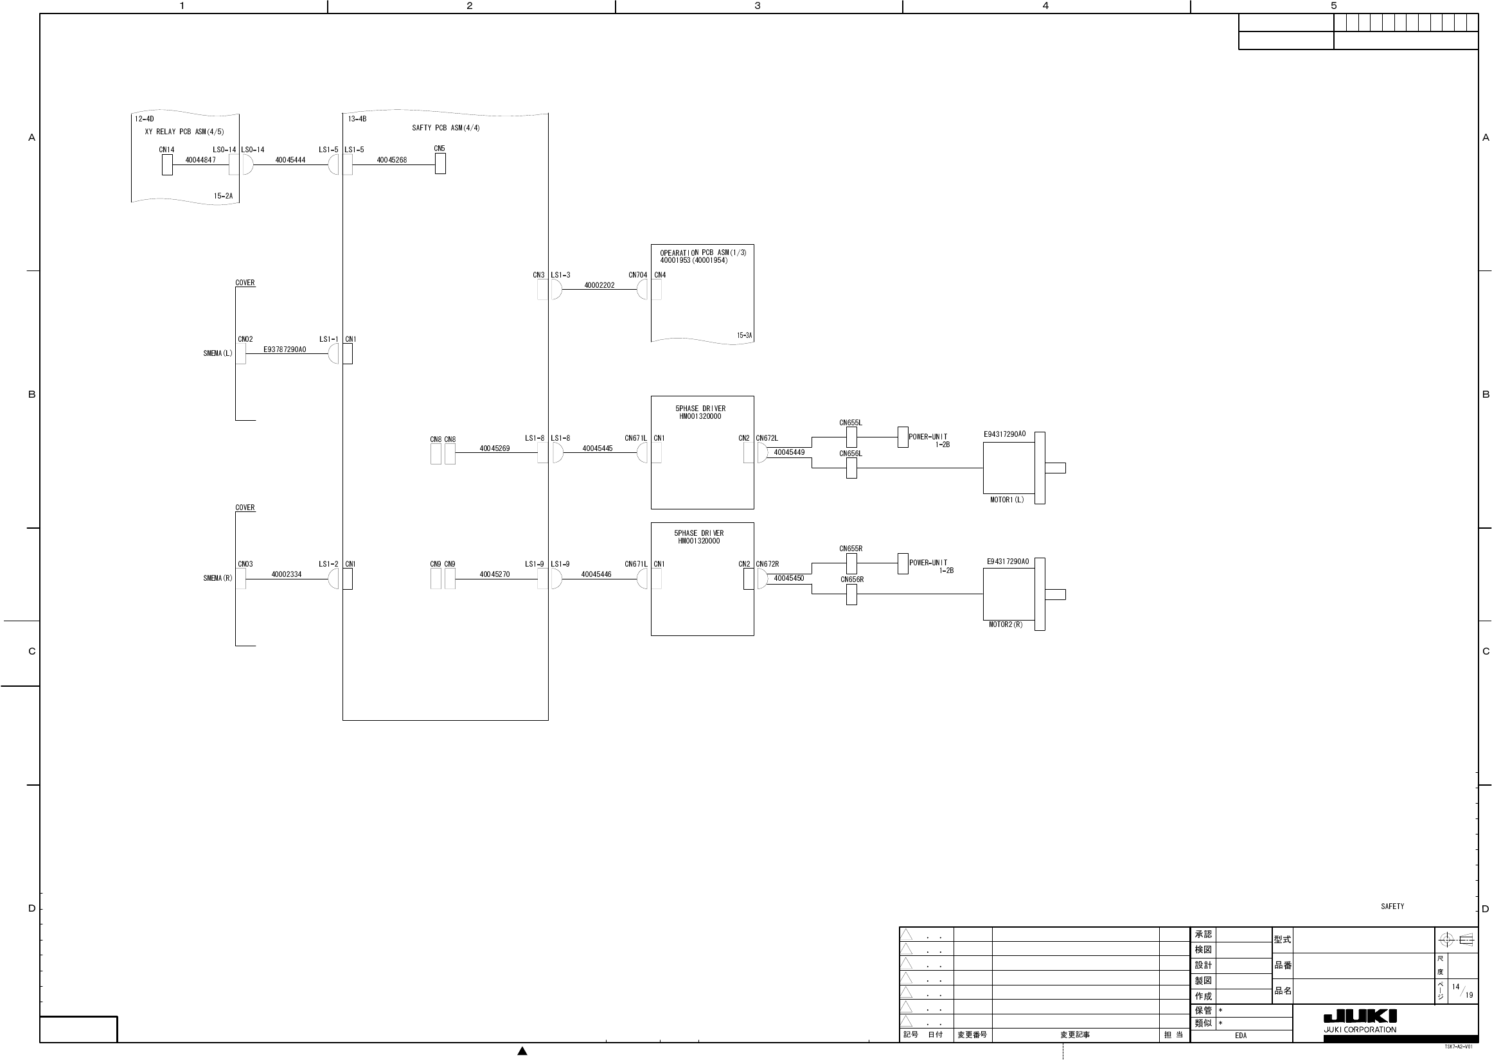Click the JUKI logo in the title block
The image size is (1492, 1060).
1360,1016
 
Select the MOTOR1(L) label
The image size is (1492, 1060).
1007,500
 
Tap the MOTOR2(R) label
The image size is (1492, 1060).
1006,624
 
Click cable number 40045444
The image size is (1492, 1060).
290,160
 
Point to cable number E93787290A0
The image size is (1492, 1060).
285,350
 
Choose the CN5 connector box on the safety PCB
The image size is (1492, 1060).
441,163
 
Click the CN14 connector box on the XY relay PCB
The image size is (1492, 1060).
167,164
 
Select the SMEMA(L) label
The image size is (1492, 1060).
218,354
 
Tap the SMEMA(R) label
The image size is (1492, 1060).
218,578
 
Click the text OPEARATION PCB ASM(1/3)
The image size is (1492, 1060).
703,252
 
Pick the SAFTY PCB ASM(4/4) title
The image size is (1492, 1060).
446,128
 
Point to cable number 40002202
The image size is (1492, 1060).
599,285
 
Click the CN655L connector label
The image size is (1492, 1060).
851,423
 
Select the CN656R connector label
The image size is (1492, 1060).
852,579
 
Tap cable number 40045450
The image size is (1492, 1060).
789,578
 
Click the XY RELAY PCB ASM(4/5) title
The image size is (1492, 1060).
184,132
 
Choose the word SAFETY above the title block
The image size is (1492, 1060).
1392,906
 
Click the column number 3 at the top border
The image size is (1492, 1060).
757,6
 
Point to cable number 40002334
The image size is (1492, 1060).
287,574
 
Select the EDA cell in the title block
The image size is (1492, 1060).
1241,1035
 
